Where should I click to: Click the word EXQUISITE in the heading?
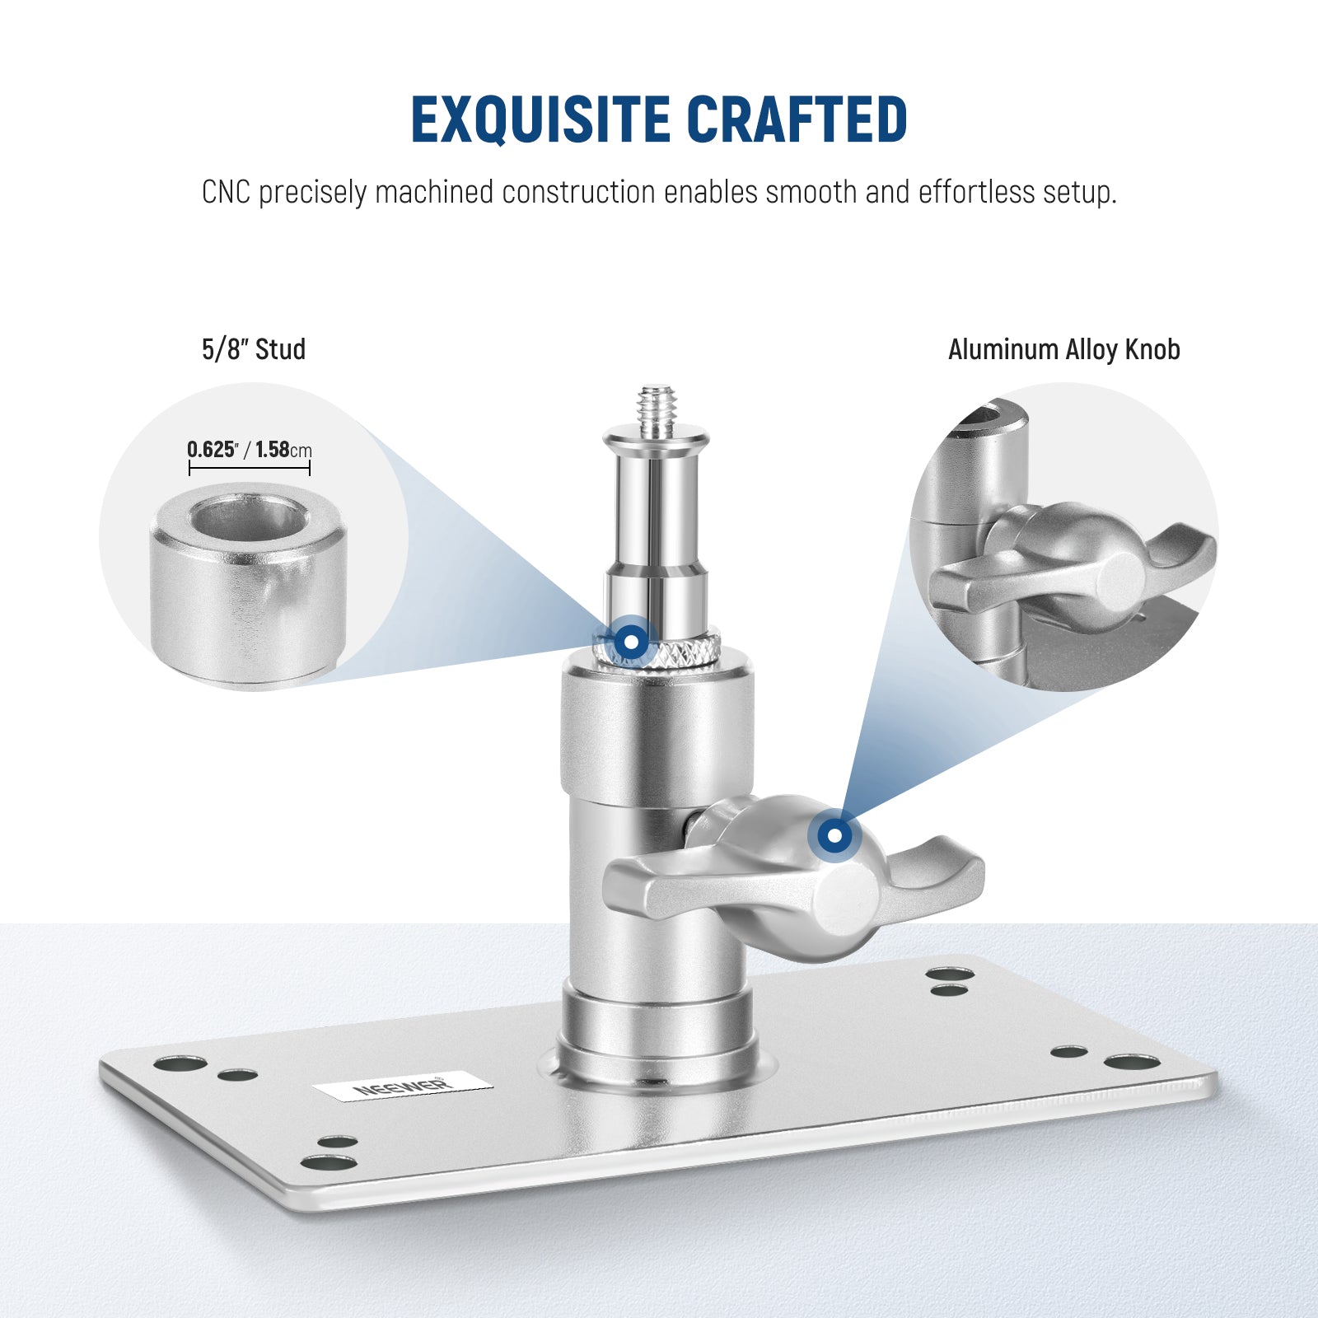(x=541, y=119)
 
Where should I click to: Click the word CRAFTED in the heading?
(x=797, y=119)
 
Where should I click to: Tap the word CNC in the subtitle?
(x=226, y=193)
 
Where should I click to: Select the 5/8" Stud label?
(x=254, y=349)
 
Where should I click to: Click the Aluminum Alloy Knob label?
(x=1063, y=349)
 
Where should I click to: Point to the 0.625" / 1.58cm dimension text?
(x=249, y=450)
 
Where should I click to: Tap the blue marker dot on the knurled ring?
(x=630, y=641)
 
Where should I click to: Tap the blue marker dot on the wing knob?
(x=834, y=835)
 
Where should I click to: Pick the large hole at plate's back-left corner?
(x=180, y=1063)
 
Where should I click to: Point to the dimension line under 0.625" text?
(x=249, y=468)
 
